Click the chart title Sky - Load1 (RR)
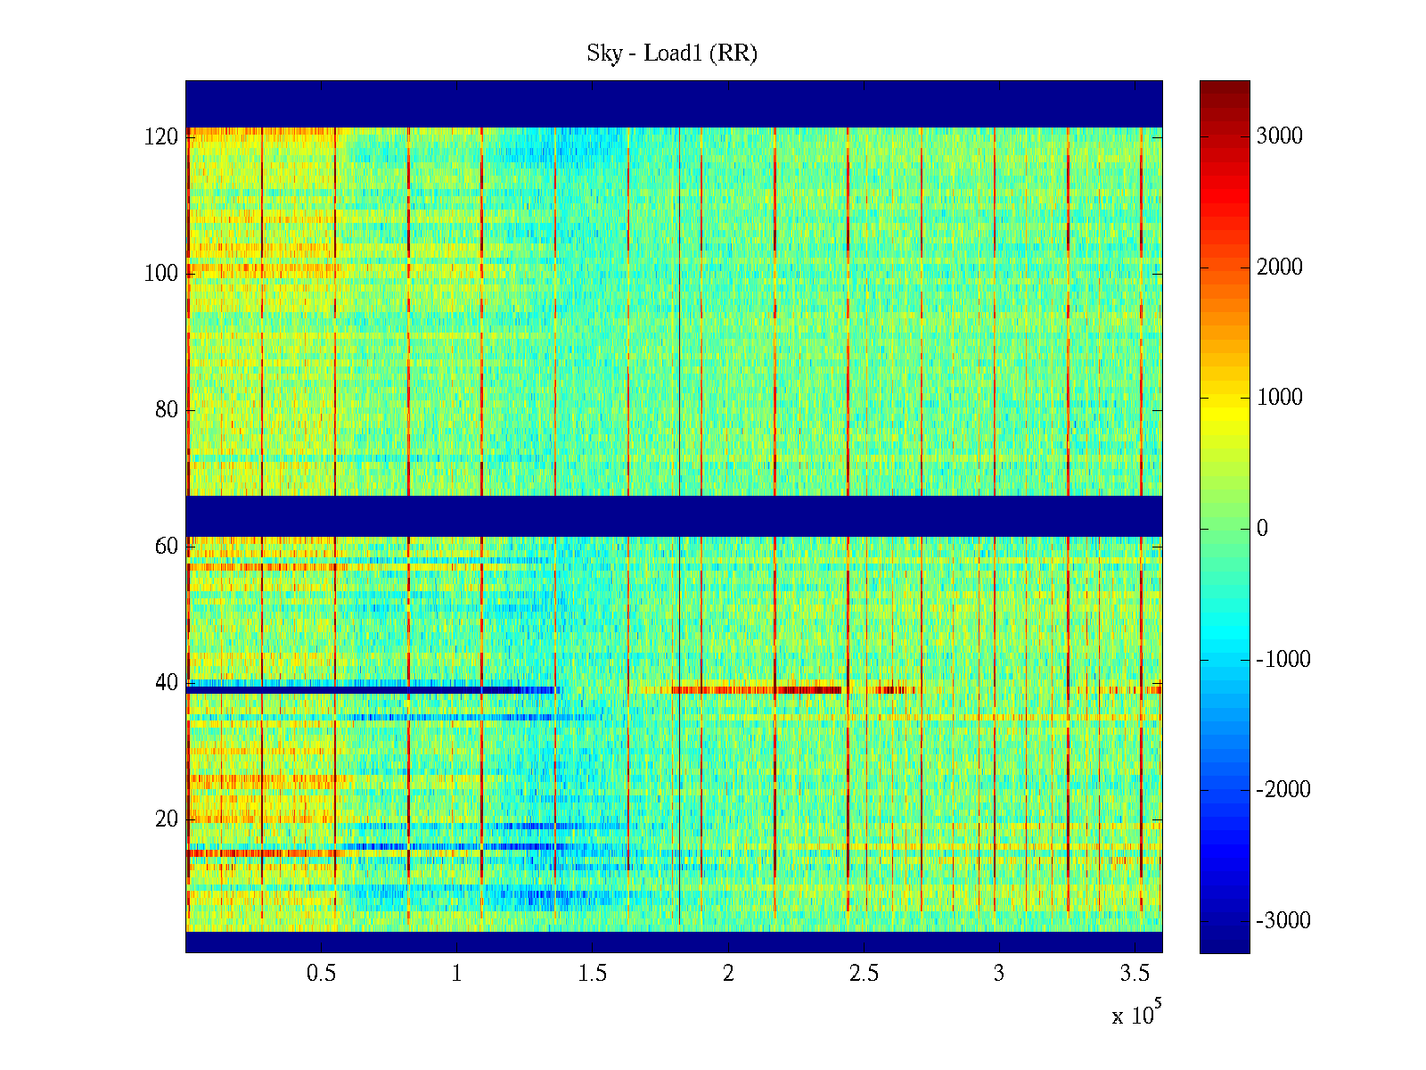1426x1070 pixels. [672, 53]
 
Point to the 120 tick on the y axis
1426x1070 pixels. [161, 137]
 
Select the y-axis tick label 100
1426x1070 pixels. [161, 274]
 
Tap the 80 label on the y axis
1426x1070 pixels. [167, 410]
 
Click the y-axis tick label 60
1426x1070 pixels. [167, 547]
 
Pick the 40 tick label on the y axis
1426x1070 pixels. [167, 683]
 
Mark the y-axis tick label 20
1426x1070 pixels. [167, 819]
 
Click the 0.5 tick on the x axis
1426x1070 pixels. [321, 974]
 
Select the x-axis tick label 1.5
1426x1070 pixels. [593, 974]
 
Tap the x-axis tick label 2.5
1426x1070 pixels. [864, 974]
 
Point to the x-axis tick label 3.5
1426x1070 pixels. [1135, 974]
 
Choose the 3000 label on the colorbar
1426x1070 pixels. [1279, 136]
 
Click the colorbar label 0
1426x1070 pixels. [1262, 529]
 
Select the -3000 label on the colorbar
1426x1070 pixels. [1283, 921]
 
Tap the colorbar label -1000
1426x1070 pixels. [1283, 660]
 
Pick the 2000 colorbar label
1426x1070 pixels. [1279, 267]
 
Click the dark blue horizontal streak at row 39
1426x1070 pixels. [356, 690]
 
